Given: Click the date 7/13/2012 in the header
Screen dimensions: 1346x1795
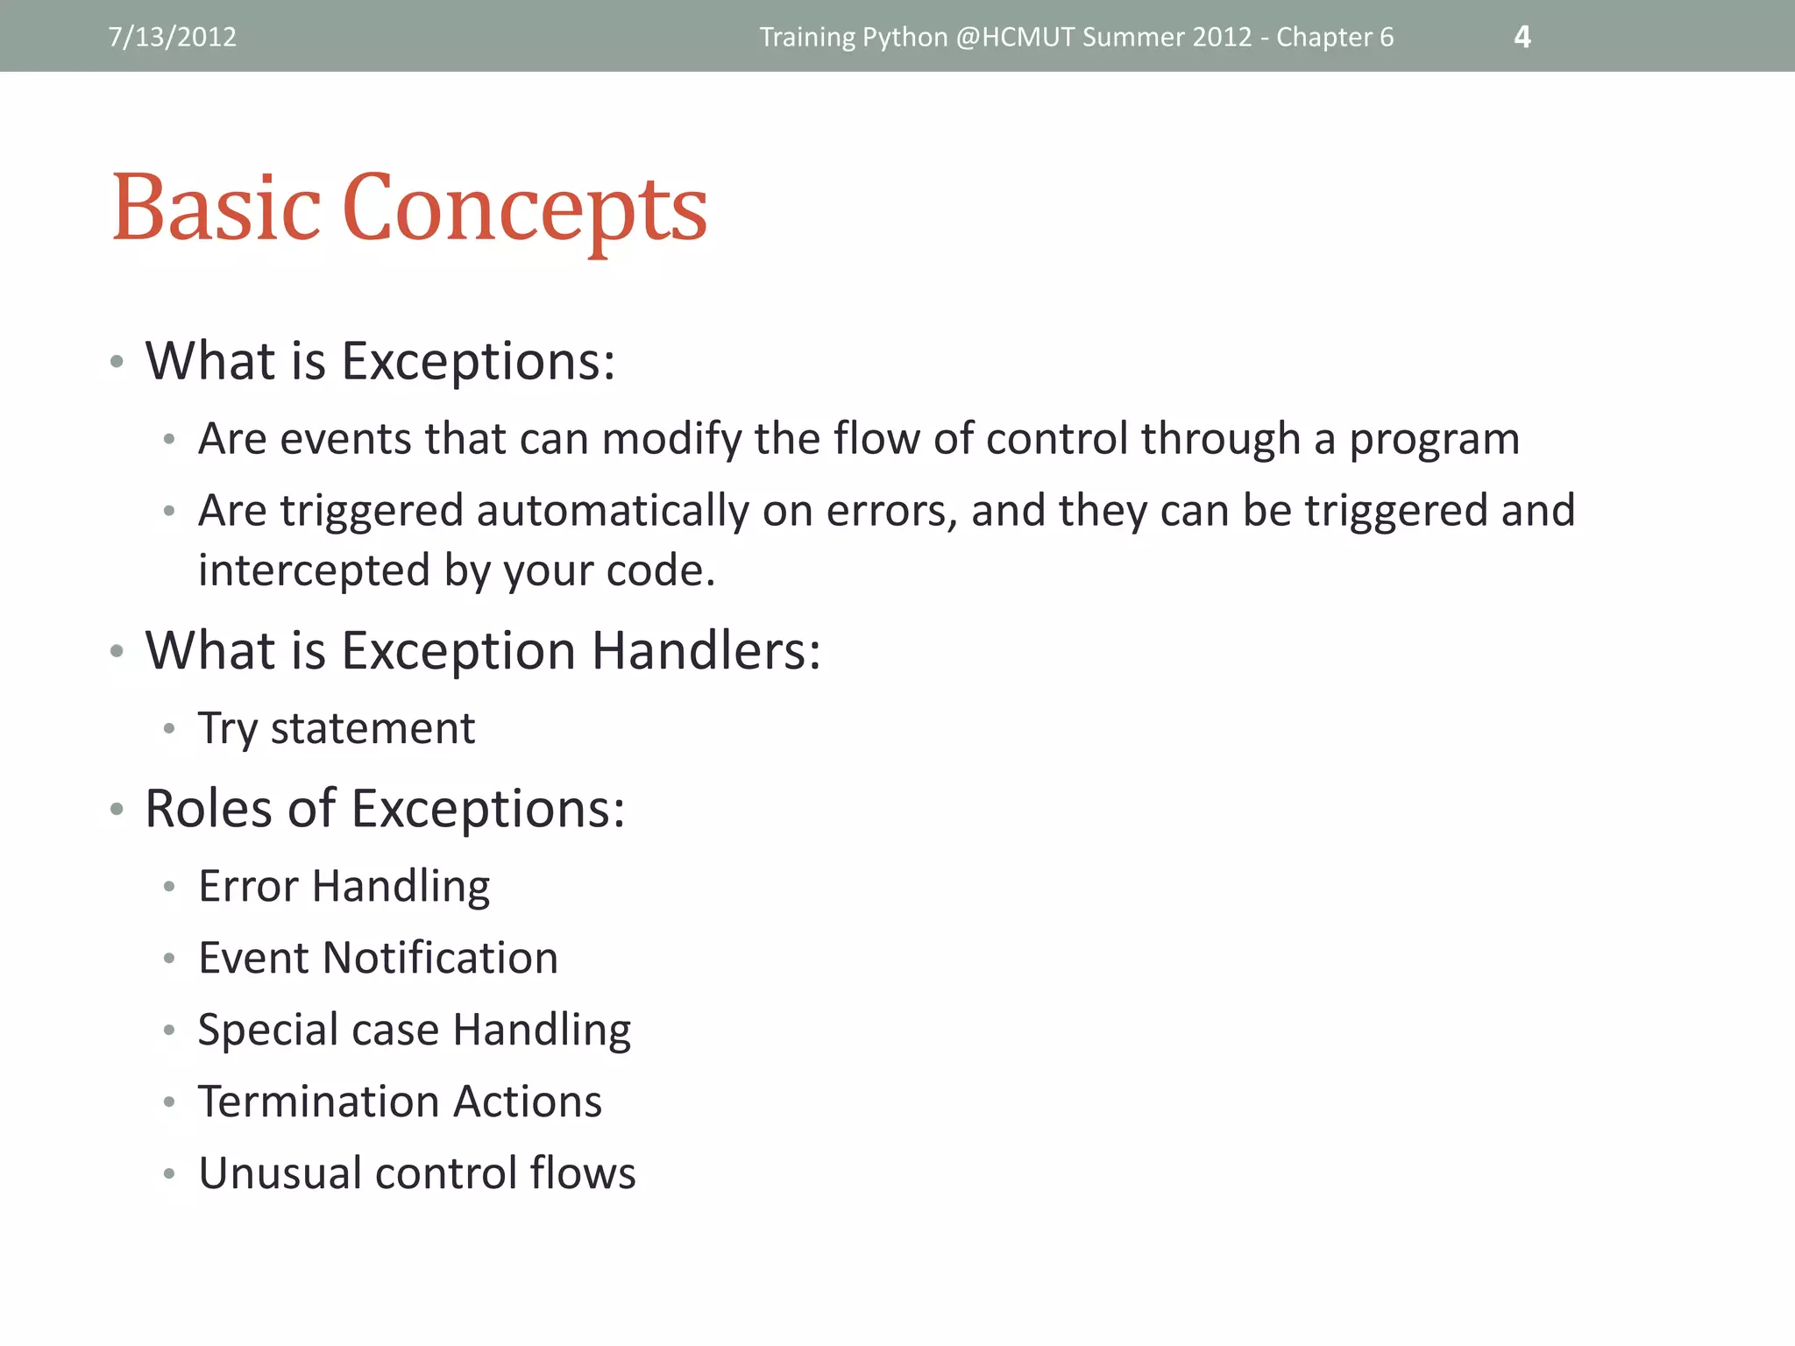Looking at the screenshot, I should [x=172, y=37].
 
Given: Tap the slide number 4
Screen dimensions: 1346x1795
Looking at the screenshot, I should [x=1522, y=37].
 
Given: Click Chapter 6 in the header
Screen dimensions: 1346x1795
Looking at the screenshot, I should [x=1334, y=37].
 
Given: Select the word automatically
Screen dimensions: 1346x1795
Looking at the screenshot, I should [x=613, y=511].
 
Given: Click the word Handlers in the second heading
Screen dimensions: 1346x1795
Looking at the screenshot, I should [x=706, y=650].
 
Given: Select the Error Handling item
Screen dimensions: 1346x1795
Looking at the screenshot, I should [x=344, y=887].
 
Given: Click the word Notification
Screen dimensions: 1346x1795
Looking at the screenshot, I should [x=440, y=958].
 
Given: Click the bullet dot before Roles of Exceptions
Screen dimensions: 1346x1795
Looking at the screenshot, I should [x=117, y=809].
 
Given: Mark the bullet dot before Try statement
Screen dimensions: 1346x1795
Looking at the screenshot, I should [x=169, y=728].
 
